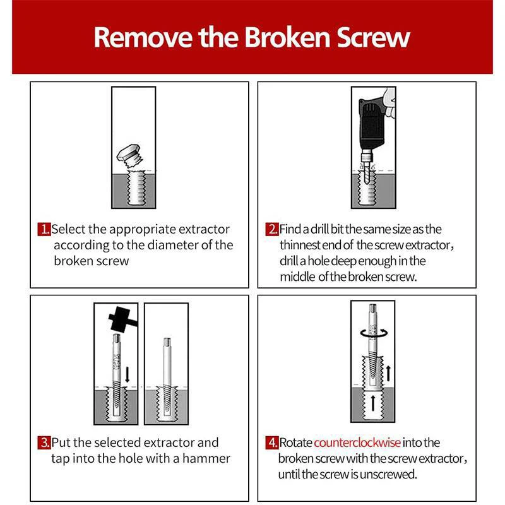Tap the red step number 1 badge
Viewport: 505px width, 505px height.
44,229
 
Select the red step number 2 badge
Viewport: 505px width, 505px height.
272,229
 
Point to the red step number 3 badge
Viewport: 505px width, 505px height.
44,443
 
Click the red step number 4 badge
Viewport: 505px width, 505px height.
272,443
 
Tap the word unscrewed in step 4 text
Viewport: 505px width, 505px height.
391,474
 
